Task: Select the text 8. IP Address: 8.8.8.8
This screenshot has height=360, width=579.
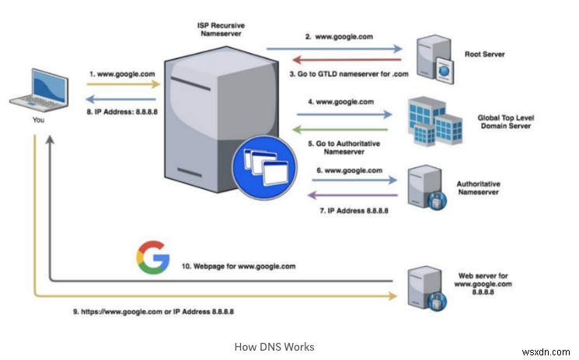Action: pos(117,112)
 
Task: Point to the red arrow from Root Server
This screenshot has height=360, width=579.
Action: pos(334,59)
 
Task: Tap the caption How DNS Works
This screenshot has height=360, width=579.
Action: pos(274,346)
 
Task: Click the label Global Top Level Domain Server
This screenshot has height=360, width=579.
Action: pos(506,123)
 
